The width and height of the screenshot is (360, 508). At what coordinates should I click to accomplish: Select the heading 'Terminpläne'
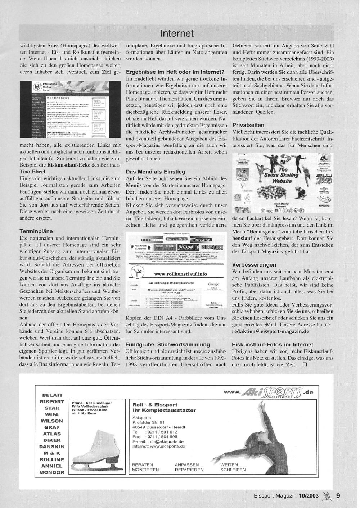36,231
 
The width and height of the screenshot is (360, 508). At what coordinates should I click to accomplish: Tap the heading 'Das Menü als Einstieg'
156,172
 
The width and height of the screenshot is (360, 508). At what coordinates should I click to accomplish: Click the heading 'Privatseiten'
248,125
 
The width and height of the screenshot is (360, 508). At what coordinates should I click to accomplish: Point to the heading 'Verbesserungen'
254,265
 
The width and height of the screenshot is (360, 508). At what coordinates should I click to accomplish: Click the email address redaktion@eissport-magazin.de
271,331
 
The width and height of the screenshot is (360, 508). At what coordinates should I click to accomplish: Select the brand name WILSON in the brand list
52,421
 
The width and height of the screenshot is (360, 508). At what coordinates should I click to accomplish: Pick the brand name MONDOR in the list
52,472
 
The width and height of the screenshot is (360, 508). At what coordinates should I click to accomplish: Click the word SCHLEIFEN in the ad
233,470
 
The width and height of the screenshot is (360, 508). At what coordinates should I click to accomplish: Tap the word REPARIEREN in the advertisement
189,470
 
